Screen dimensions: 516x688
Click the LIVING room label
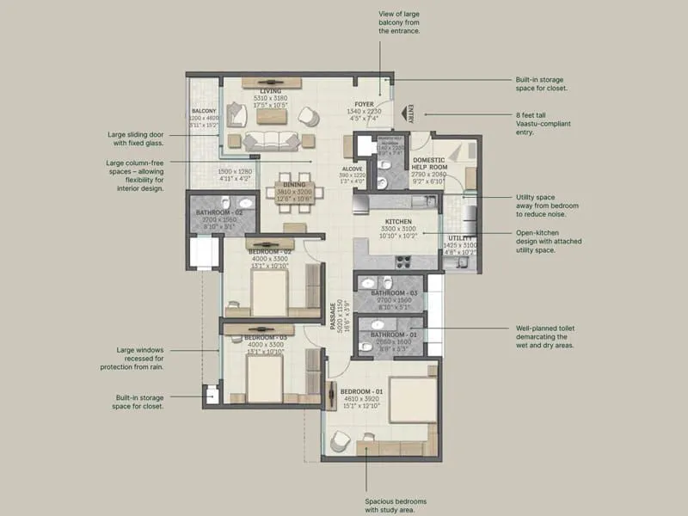click(271, 91)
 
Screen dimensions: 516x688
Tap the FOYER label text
click(364, 103)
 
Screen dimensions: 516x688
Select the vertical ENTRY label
click(411, 114)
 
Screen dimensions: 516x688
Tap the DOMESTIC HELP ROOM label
click(428, 161)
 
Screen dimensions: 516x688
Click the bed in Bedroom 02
click(268, 295)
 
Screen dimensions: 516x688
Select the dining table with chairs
click(294, 197)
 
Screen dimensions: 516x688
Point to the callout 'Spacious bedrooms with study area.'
click(396, 505)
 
